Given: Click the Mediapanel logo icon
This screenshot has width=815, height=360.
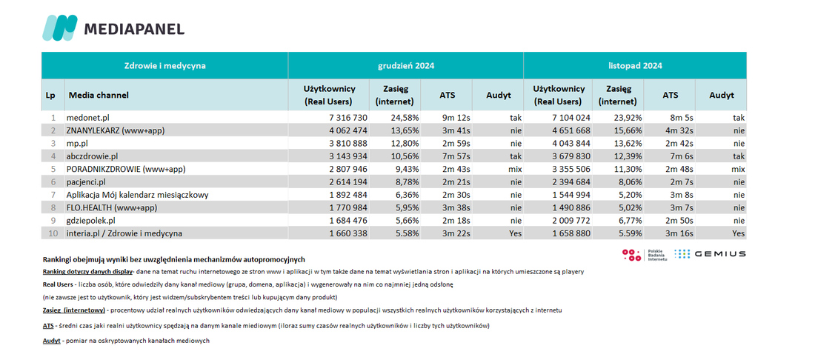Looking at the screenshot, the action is pyautogui.click(x=59, y=27).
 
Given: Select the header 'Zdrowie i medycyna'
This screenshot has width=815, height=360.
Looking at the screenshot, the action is pyautogui.click(x=164, y=66).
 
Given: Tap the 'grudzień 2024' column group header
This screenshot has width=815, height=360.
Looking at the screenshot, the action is pyautogui.click(x=406, y=66).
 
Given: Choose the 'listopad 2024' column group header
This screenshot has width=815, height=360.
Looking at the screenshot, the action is pyautogui.click(x=635, y=66).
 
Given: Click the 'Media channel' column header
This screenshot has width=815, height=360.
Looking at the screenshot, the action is pyautogui.click(x=99, y=95).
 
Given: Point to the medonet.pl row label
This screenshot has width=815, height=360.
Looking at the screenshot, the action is pyautogui.click(x=86, y=118).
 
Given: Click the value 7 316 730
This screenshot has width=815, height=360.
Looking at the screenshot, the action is pyautogui.click(x=345, y=118).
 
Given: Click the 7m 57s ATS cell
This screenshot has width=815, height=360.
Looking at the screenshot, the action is pyautogui.click(x=456, y=156).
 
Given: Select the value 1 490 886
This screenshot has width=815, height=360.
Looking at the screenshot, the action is pyautogui.click(x=569, y=208).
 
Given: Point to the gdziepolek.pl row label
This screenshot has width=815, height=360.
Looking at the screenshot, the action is pyautogui.click(x=91, y=221).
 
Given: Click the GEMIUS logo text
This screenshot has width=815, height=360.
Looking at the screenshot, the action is pyautogui.click(x=720, y=254).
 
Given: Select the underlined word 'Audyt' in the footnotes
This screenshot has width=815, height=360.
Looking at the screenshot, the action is pyautogui.click(x=51, y=341).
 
